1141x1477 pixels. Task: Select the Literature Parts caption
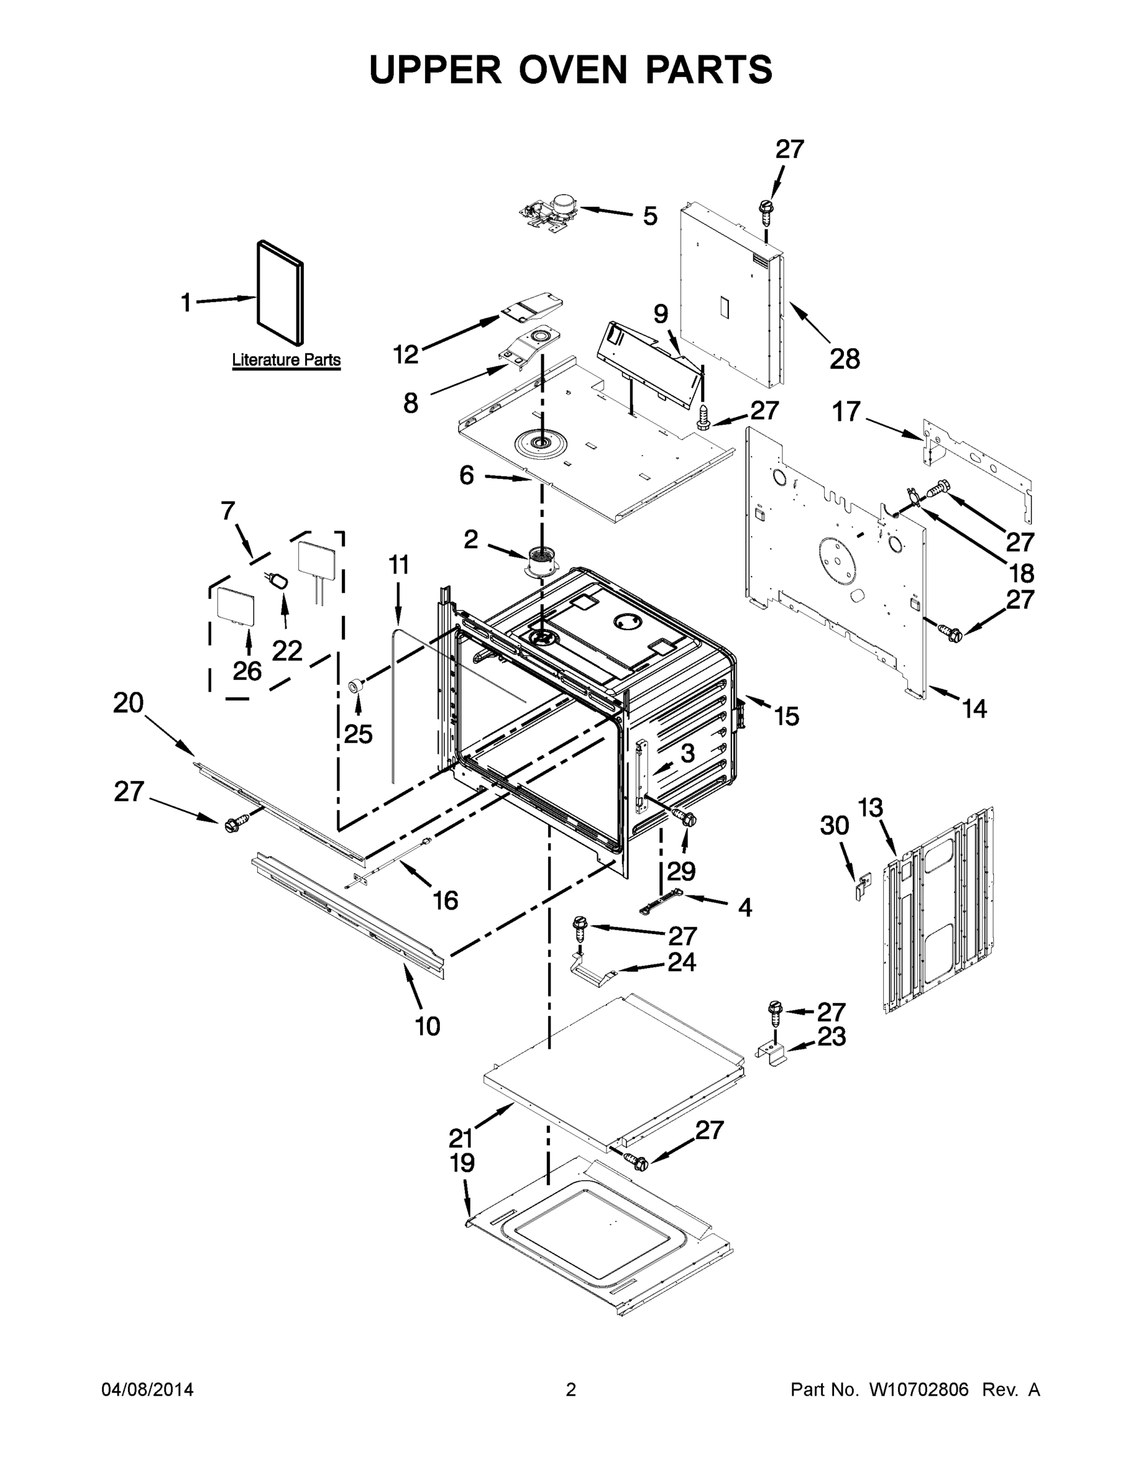(286, 360)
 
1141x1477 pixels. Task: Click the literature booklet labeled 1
(280, 292)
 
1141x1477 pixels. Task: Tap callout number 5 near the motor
(650, 217)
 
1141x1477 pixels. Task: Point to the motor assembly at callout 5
(549, 212)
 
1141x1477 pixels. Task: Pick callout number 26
(247, 671)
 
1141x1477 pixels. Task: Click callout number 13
(870, 807)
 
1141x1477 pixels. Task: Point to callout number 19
(463, 1163)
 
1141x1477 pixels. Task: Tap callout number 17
(846, 411)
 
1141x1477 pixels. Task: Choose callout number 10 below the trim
(427, 1026)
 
